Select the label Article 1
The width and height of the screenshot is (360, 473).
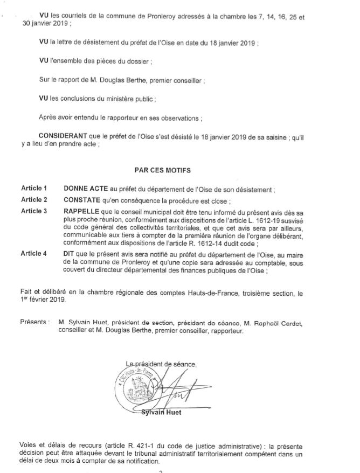34,189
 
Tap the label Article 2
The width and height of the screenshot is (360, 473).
34,199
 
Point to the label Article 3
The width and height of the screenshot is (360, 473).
34,210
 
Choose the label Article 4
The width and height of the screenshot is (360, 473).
34,253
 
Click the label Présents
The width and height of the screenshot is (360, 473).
34,322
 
